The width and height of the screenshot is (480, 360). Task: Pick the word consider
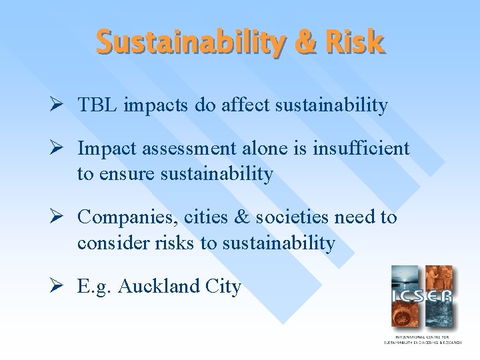point(109,243)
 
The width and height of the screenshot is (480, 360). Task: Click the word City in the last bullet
point(223,287)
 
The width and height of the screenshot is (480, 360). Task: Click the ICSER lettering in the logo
point(422,295)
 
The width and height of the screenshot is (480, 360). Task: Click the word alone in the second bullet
point(262,149)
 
